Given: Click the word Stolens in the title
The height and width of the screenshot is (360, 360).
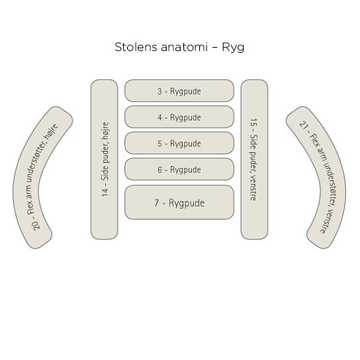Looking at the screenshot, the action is click(136, 47).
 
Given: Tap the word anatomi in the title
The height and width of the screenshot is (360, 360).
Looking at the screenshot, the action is click(184, 47).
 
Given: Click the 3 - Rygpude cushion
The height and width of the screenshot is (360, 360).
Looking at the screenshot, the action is click(179, 91).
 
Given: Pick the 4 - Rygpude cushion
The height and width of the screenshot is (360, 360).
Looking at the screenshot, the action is click(179, 117).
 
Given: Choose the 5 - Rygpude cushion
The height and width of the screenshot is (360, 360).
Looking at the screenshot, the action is click(179, 143).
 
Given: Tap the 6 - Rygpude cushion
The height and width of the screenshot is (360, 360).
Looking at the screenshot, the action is click(179, 169).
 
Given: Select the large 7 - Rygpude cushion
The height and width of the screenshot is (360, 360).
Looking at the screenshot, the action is click(179, 202).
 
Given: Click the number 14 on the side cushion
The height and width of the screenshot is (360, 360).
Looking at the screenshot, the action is click(105, 193).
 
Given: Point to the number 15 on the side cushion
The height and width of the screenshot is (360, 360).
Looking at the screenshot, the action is click(253, 123).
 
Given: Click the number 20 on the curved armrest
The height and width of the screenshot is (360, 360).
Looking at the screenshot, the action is click(36, 225).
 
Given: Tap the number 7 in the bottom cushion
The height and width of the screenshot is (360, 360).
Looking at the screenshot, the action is click(156, 203).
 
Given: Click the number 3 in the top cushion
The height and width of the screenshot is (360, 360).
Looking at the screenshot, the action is click(159, 91).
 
